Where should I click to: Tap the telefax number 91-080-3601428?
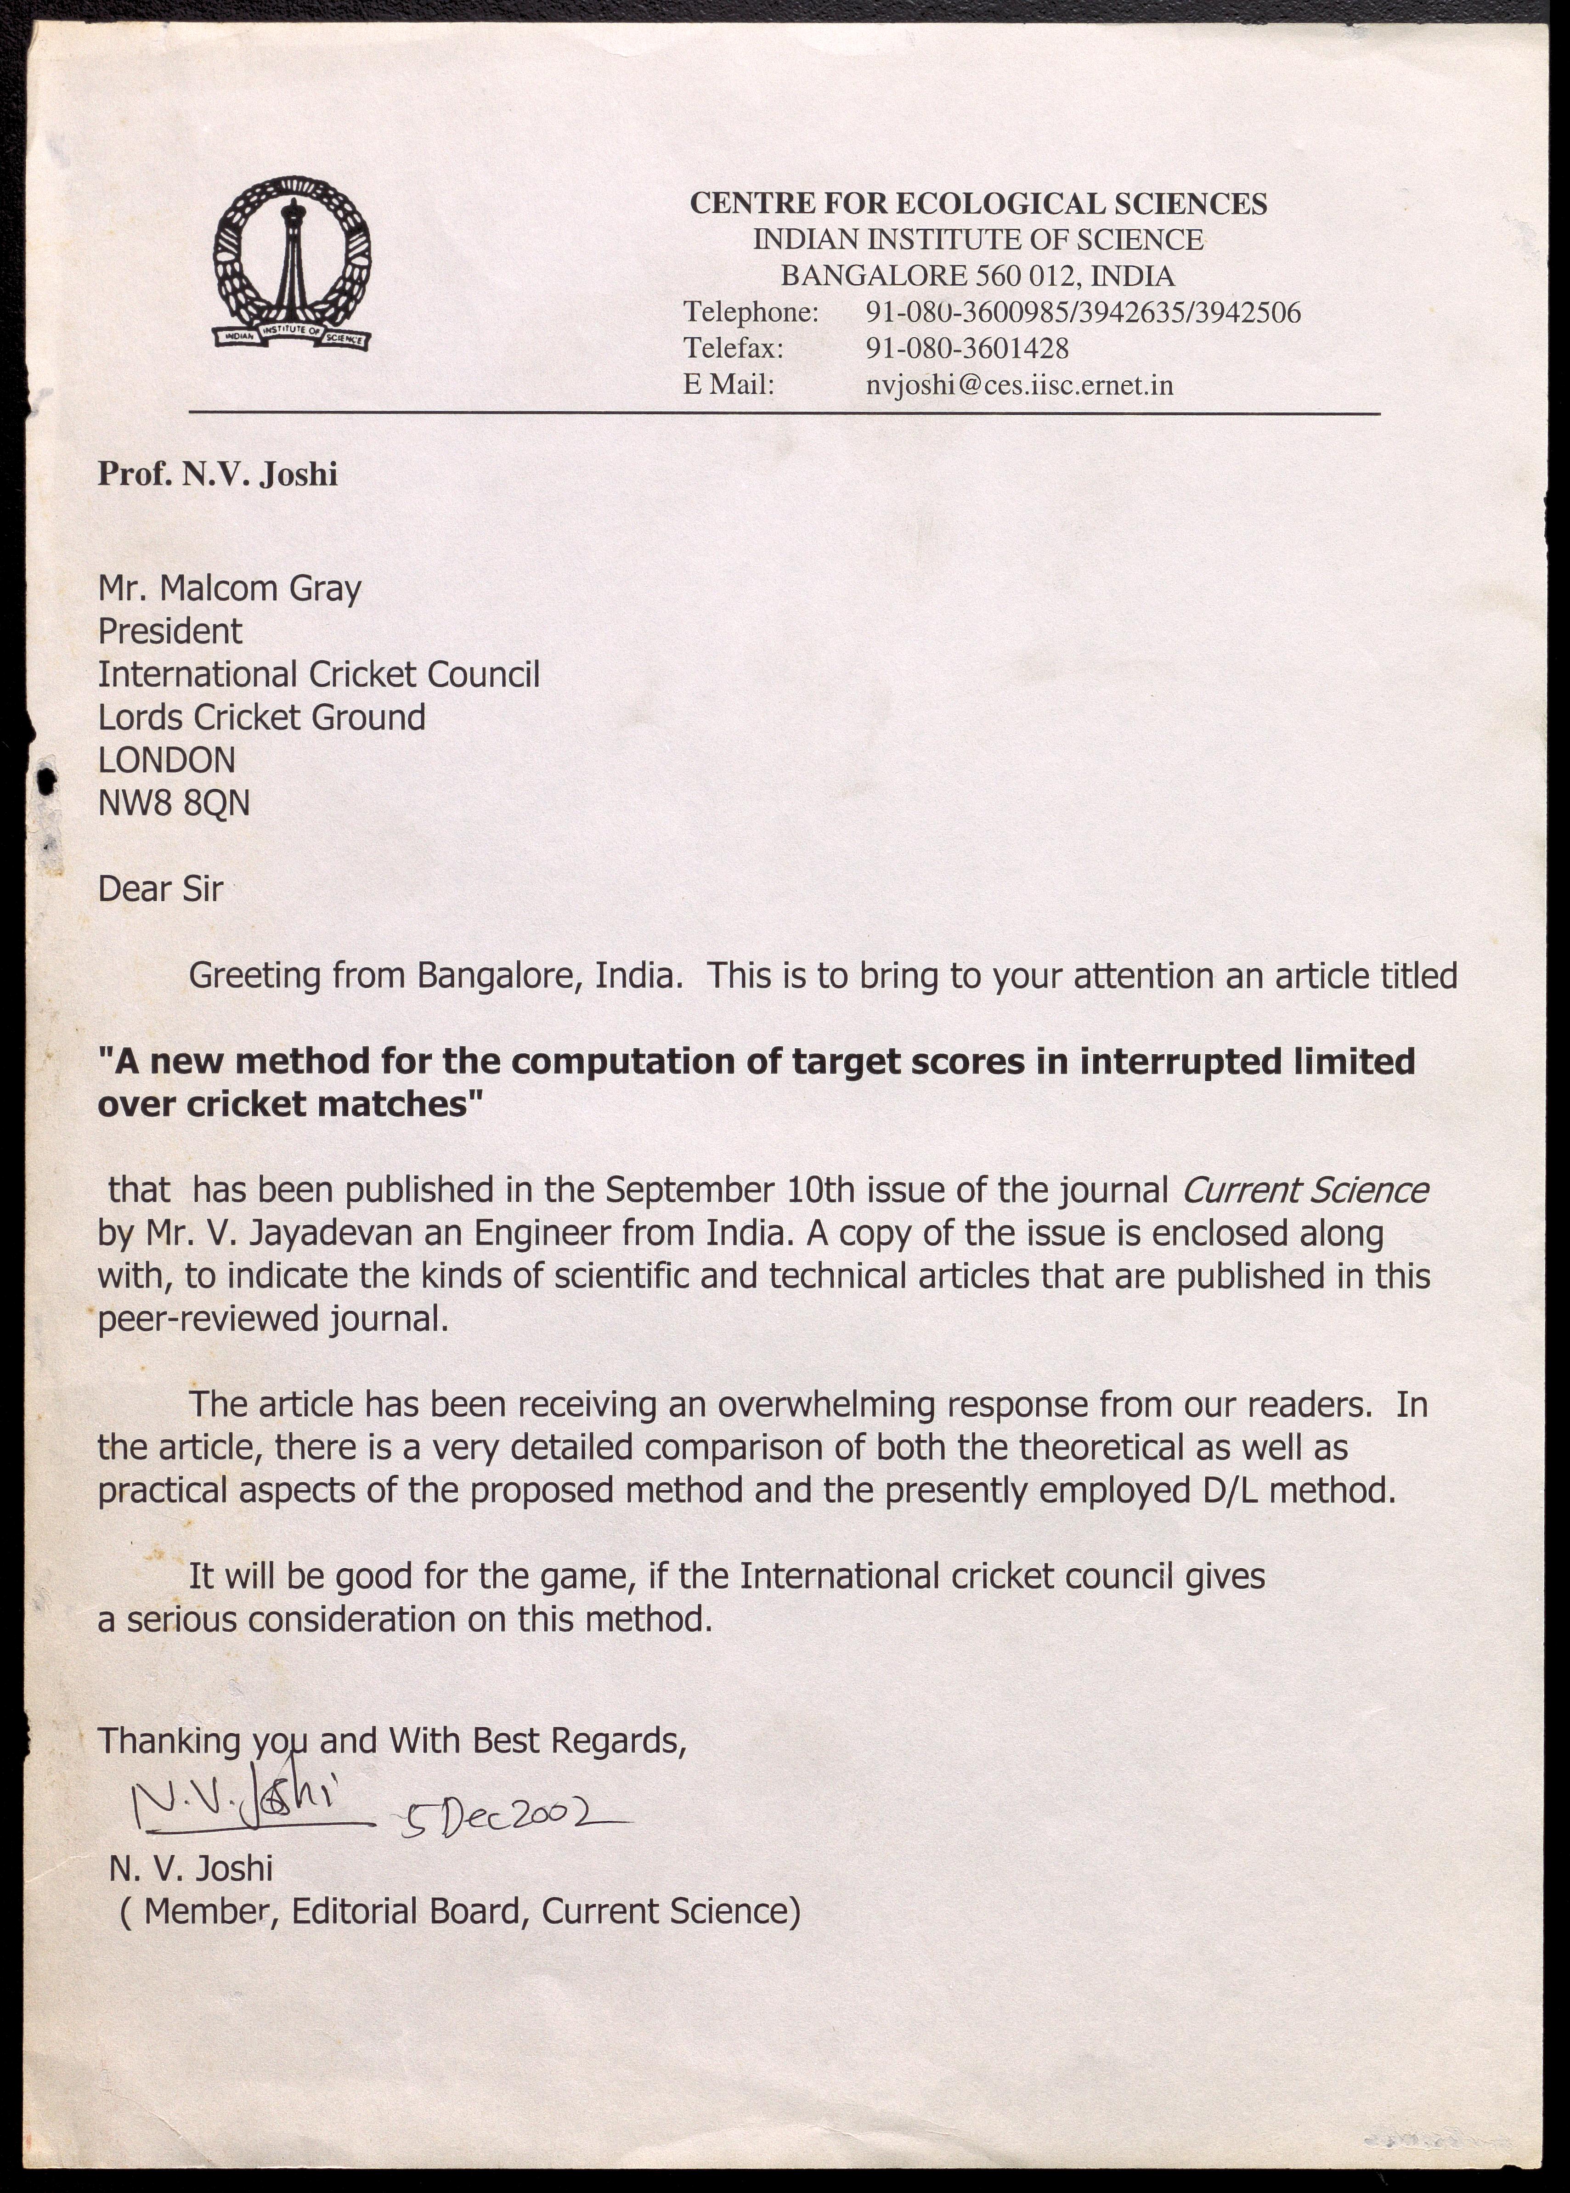pyautogui.click(x=967, y=348)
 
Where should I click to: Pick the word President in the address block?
pyautogui.click(x=170, y=632)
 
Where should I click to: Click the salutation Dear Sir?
pyautogui.click(x=160, y=888)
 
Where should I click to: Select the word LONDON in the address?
pyautogui.click(x=166, y=760)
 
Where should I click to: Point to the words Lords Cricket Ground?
pyautogui.click(x=261, y=718)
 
